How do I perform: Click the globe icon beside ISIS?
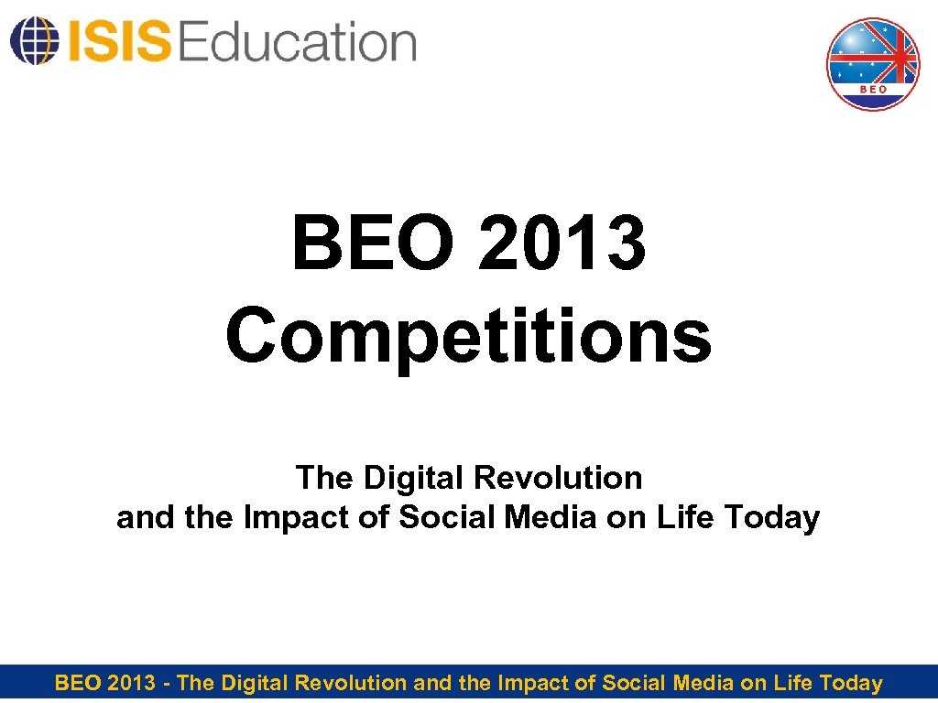31,40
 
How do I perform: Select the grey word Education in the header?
298,42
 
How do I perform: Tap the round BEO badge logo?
873,64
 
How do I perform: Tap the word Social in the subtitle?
433,518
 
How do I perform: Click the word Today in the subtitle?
771,518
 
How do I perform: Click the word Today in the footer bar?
851,683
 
